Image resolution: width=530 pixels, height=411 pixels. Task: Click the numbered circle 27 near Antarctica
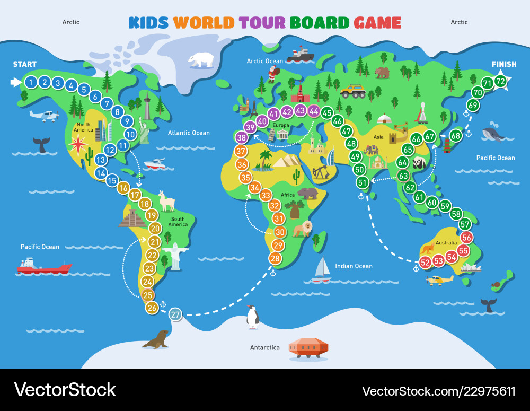pyautogui.click(x=175, y=314)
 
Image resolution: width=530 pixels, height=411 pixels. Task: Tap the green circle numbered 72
pyautogui.click(x=500, y=81)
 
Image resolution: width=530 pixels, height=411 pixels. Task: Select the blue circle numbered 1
pyautogui.click(x=32, y=82)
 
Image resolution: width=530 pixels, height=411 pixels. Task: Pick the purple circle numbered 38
pyautogui.click(x=242, y=138)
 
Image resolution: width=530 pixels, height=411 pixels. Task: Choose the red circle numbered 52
pyautogui.click(x=425, y=262)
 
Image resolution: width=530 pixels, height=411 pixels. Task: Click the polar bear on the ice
pyautogui.click(x=201, y=59)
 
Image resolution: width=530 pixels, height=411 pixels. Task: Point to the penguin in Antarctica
pyautogui.click(x=253, y=317)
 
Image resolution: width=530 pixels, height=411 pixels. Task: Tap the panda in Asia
pyautogui.click(x=420, y=162)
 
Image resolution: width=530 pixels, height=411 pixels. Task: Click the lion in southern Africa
pyautogui.click(x=304, y=229)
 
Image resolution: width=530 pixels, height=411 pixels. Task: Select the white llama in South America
pyautogui.click(x=167, y=202)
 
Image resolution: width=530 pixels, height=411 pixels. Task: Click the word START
pyautogui.click(x=25, y=64)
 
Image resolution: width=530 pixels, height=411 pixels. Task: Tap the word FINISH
pyautogui.click(x=503, y=64)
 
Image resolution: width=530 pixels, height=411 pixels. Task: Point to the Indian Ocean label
pyautogui.click(x=354, y=266)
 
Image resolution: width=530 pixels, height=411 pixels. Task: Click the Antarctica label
pyautogui.click(x=264, y=348)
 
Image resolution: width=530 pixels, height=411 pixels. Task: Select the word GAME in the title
pyautogui.click(x=377, y=23)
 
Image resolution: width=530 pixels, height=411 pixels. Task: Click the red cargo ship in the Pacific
pyautogui.click(x=43, y=266)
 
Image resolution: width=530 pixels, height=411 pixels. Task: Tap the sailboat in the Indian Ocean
pyautogui.click(x=321, y=269)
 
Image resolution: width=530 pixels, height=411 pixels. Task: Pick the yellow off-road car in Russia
pyautogui.click(x=352, y=91)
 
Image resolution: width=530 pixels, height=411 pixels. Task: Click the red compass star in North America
pyautogui.click(x=78, y=144)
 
